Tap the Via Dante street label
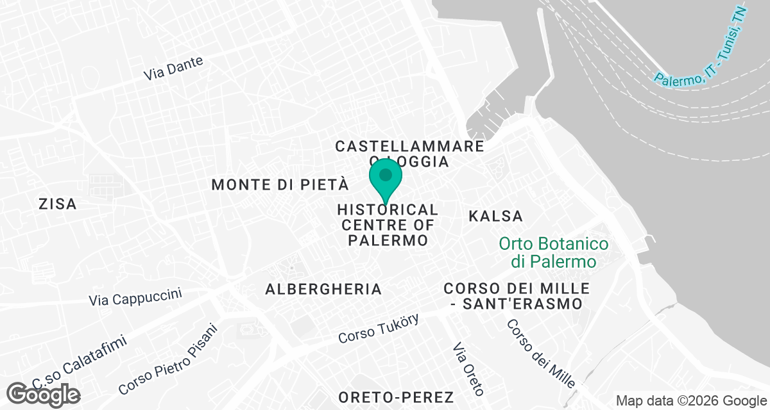click(x=173, y=69)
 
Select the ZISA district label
click(x=58, y=204)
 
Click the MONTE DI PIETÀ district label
click(x=280, y=185)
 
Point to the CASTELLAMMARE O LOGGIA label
click(x=409, y=154)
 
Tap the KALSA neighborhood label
click(x=495, y=216)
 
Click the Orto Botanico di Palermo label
click(x=554, y=253)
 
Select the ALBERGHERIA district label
click(x=323, y=290)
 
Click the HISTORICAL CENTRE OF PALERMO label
click(x=388, y=225)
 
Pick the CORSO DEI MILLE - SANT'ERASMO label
click(x=516, y=296)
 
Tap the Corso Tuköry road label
click(x=379, y=328)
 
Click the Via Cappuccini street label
click(x=135, y=297)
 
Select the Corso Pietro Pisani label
click(x=169, y=359)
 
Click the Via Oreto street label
click(x=469, y=369)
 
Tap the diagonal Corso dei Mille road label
click(x=540, y=354)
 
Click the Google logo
click(x=44, y=393)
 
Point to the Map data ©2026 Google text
click(x=689, y=400)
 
